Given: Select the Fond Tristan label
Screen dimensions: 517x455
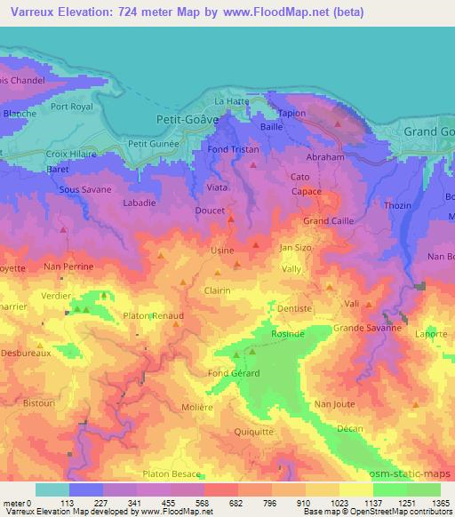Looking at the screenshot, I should [x=234, y=149].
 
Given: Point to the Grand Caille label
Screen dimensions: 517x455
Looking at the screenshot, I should [x=328, y=220].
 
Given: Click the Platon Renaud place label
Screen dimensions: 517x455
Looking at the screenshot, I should [x=154, y=315].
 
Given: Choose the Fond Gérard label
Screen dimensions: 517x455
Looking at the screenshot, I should [x=234, y=373].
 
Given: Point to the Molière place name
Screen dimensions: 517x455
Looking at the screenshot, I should [x=221, y=407].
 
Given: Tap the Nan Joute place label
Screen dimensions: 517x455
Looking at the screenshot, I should [x=334, y=404].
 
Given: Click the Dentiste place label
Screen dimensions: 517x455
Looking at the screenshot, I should [x=294, y=308].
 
